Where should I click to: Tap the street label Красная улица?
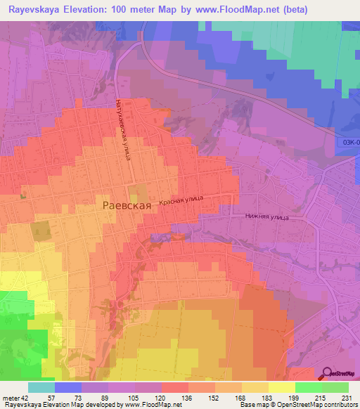coord(181,201)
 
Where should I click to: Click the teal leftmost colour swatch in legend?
coord(41,387)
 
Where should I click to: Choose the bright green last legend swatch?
coord(335,387)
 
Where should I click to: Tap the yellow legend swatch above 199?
coord(282,387)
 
